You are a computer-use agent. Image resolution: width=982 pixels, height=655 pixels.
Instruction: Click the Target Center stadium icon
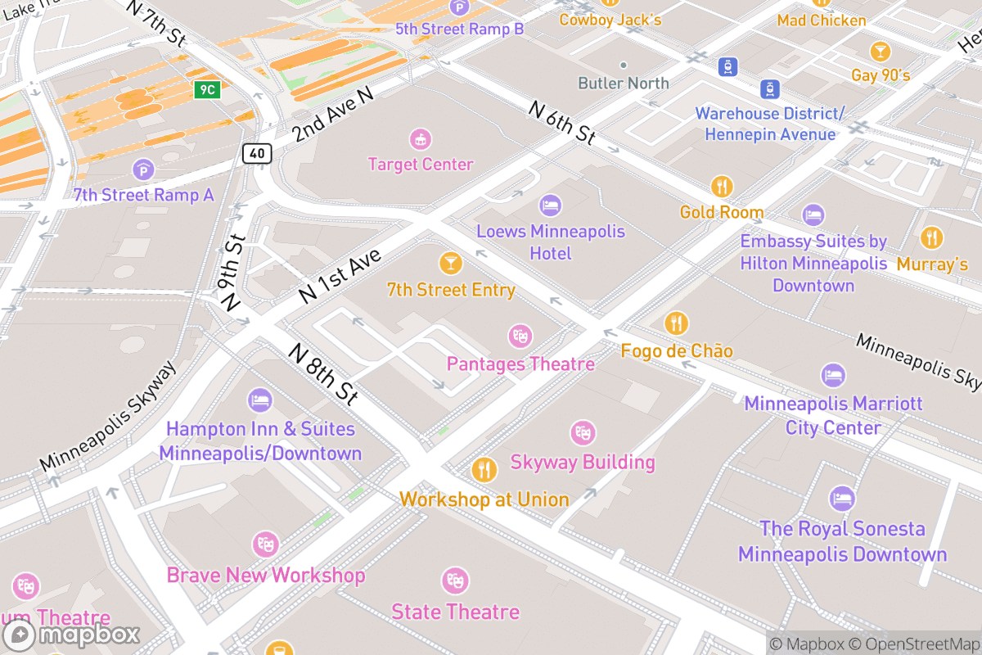[420, 138]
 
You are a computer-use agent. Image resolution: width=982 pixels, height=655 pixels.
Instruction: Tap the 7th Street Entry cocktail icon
[450, 263]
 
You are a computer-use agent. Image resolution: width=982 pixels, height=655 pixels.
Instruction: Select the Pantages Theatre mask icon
[520, 336]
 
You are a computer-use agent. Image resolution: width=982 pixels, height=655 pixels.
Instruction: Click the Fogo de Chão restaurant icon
[676, 323]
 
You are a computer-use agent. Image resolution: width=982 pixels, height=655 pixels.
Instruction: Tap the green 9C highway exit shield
[207, 89]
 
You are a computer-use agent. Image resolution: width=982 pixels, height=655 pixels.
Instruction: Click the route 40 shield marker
[257, 153]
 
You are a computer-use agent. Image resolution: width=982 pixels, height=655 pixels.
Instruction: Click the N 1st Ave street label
[340, 277]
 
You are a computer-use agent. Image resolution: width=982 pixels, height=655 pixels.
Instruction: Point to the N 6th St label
[562, 123]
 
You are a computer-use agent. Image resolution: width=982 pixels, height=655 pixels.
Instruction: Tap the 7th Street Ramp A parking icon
[143, 169]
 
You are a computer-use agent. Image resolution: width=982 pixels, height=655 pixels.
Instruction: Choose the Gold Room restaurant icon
[722, 187]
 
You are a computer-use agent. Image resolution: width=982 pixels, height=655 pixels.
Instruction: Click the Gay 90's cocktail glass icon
[880, 51]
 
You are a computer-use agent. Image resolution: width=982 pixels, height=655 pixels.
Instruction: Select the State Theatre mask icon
[455, 581]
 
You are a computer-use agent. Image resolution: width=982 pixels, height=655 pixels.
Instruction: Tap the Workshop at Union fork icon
[484, 470]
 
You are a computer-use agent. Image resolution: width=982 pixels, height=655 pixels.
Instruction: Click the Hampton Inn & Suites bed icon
[259, 400]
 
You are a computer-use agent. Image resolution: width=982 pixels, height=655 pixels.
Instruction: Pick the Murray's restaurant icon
[931, 238]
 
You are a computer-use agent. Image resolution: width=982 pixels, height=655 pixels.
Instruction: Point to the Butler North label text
[624, 84]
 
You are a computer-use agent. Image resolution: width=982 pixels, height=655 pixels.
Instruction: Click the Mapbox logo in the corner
[72, 635]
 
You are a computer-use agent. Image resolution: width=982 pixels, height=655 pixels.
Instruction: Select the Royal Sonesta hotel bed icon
[842, 499]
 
